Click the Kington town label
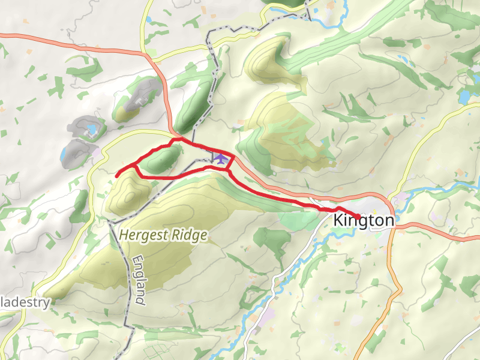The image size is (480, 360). pyautogui.click(x=364, y=221)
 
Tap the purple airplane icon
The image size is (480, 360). pyautogui.click(x=221, y=158)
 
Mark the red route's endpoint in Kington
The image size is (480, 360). pyautogui.click(x=358, y=217)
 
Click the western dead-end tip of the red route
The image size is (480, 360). pyautogui.click(x=116, y=175)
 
